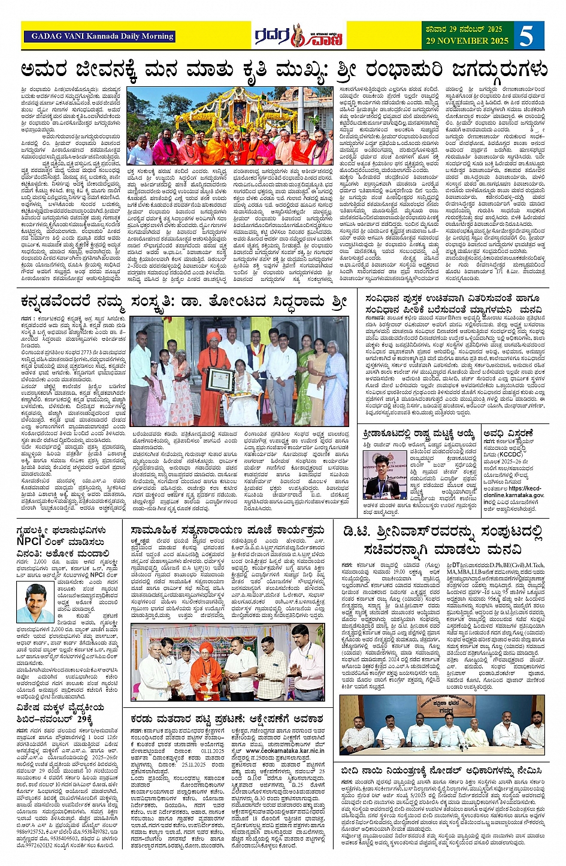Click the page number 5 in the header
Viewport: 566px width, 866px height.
pyautogui.click(x=526, y=36)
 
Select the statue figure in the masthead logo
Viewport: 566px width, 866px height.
pyautogui.click(x=298, y=36)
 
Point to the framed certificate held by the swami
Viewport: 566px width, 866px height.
pyautogui.click(x=220, y=379)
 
